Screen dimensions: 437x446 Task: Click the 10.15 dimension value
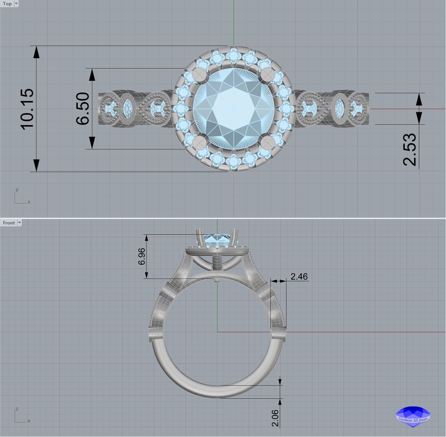click(x=27, y=109)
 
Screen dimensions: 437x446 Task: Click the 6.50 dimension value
click(x=83, y=108)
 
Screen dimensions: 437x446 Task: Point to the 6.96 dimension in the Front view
click(x=142, y=256)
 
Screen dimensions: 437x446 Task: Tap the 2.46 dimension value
click(x=299, y=277)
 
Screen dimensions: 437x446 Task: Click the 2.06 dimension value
click(x=275, y=418)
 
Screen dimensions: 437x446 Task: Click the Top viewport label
click(x=7, y=4)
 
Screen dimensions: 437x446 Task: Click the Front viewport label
click(x=9, y=223)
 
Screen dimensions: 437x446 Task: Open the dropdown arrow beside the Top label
click(x=16, y=4)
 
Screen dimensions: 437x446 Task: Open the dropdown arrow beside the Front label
click(x=19, y=223)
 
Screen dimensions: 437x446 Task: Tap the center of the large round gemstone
click(x=233, y=109)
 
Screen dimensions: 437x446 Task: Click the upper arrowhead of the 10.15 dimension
click(x=36, y=52)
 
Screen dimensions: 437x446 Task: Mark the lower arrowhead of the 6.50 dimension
click(x=92, y=143)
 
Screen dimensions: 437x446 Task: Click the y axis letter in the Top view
click(x=17, y=190)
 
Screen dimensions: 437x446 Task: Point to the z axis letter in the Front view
click(x=17, y=409)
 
